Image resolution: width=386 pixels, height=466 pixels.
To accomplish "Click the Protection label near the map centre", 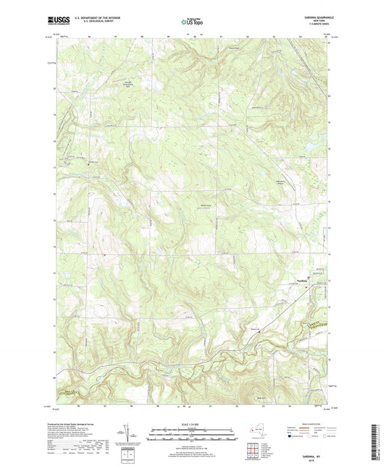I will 205,205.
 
